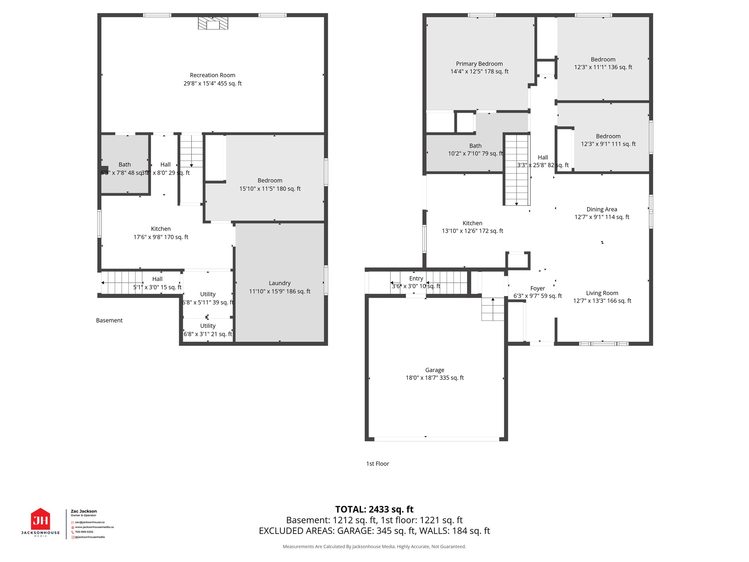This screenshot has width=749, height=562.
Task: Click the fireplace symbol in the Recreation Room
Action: pyautogui.click(x=213, y=23)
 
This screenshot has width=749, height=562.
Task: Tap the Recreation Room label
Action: pyautogui.click(x=212, y=75)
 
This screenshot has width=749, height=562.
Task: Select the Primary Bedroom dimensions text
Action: pyautogui.click(x=479, y=72)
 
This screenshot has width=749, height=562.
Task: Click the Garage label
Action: pyautogui.click(x=434, y=370)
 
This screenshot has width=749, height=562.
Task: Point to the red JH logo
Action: pyautogui.click(x=40, y=520)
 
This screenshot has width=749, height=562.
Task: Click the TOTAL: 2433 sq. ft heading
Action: pyautogui.click(x=374, y=509)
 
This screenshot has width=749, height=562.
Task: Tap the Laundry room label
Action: pyautogui.click(x=279, y=283)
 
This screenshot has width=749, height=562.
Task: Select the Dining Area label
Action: pyautogui.click(x=602, y=209)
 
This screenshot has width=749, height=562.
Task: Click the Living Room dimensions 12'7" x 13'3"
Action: pyautogui.click(x=602, y=301)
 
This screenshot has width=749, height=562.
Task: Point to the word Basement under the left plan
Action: pyautogui.click(x=109, y=321)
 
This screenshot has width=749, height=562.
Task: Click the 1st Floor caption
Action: pyautogui.click(x=377, y=464)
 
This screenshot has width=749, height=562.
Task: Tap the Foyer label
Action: pyautogui.click(x=538, y=288)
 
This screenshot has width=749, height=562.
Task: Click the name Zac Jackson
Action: pyautogui.click(x=84, y=511)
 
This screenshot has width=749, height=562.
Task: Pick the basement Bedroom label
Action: pyautogui.click(x=270, y=180)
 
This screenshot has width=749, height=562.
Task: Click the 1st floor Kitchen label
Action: pyautogui.click(x=472, y=223)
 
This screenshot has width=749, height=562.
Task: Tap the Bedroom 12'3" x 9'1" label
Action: pyautogui.click(x=608, y=136)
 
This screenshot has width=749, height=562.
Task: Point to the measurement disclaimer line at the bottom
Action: pyautogui.click(x=374, y=547)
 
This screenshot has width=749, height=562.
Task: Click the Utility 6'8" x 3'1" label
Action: pyautogui.click(x=208, y=326)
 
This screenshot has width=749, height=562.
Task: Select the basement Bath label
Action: pyautogui.click(x=124, y=165)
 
